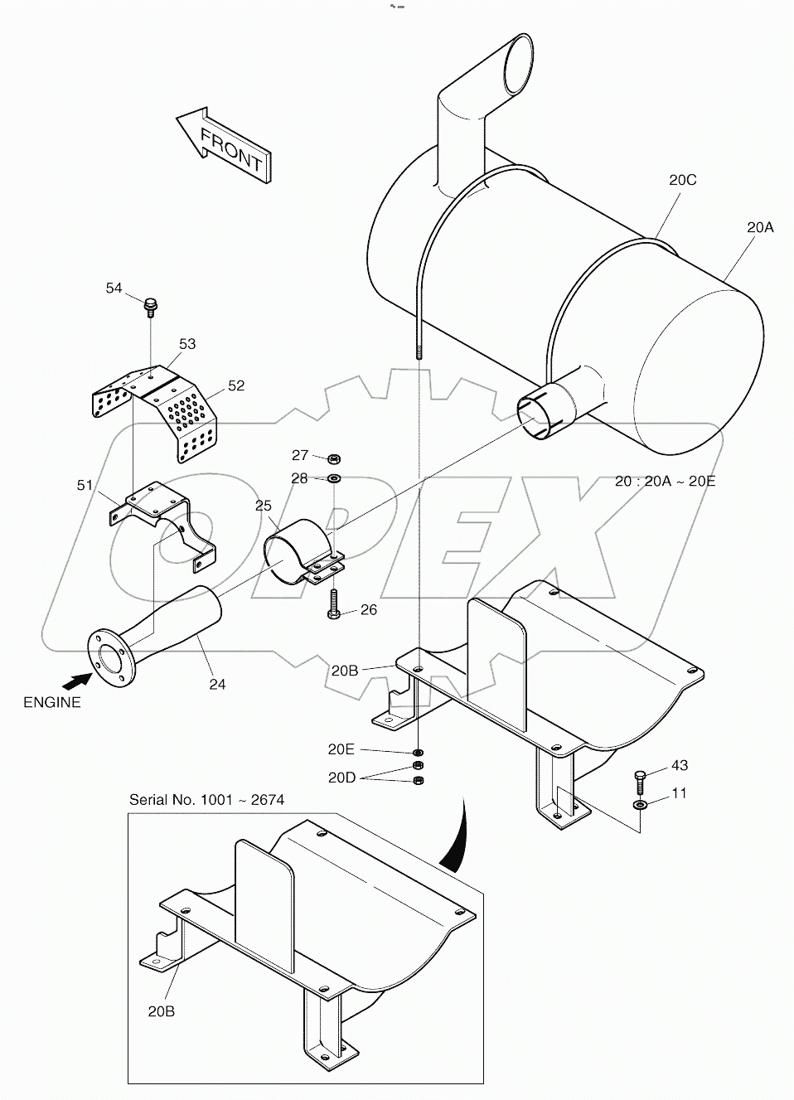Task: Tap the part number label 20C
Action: [x=684, y=179]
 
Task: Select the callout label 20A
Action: [x=759, y=226]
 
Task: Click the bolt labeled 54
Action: [x=151, y=306]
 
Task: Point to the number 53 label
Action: [x=187, y=343]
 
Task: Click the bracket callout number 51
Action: [x=85, y=485]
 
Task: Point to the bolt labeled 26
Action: [x=333, y=603]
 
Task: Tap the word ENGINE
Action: [x=52, y=702]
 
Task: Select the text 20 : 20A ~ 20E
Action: [x=666, y=482]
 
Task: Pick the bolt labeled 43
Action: [x=639, y=779]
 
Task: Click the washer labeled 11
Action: [x=640, y=804]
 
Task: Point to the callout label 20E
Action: [x=341, y=749]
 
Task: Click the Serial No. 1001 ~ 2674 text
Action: [x=206, y=799]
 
